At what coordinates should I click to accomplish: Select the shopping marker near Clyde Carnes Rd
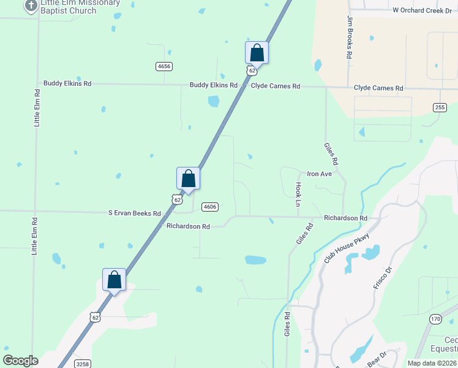pos(257,53)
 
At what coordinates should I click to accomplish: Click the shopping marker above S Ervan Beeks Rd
pos(188,178)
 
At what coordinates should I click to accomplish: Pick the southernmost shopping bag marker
pos(114,280)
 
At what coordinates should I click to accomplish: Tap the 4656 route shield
pos(163,66)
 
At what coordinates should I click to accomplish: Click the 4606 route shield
pos(210,207)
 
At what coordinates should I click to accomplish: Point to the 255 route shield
pos(440,107)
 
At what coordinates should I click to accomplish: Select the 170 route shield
pos(435,319)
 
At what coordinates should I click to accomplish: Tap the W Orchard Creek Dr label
pos(422,10)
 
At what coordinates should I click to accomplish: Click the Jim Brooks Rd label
pos(349,37)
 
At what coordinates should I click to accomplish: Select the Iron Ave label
pos(319,174)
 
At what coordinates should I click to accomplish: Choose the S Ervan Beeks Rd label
pos(134,213)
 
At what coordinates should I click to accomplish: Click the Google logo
pos(21,360)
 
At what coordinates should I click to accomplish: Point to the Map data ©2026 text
pos(432,363)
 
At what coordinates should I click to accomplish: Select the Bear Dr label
pos(378,359)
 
